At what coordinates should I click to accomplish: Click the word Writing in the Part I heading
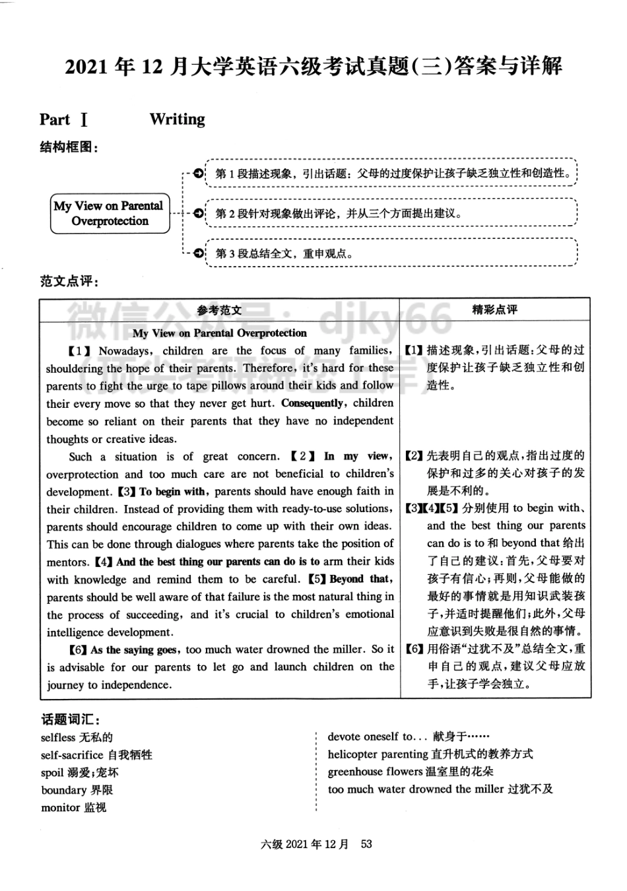point(177,119)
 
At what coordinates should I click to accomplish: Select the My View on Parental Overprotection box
point(110,213)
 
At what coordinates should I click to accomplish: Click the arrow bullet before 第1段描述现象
point(198,174)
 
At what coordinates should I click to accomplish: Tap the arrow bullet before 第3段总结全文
point(198,253)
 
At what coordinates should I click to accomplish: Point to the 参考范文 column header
point(219,310)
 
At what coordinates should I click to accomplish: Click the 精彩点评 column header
point(495,310)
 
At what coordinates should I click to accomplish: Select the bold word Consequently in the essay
point(312,403)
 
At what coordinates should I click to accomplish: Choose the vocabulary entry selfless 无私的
point(77,737)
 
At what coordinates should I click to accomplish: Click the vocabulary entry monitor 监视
point(73,807)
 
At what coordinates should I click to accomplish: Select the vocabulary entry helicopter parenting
point(430,754)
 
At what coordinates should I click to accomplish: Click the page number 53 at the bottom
point(366,843)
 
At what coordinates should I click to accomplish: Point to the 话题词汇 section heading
point(70,719)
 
